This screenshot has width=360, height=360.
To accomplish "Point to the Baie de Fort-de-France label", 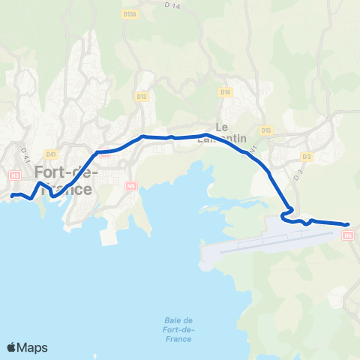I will point(178,329).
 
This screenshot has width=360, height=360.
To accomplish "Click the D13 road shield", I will point(142,97).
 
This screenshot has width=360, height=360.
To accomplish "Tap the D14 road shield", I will point(226,91).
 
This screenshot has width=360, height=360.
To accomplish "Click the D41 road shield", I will point(51,154).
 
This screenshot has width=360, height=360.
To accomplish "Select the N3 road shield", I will point(15,175).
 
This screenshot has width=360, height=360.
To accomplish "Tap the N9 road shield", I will point(131,185).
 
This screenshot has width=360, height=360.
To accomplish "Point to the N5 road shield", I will point(347,235).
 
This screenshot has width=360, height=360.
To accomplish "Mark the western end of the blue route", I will point(13,196).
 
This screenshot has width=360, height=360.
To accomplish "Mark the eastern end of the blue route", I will point(348,224).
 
